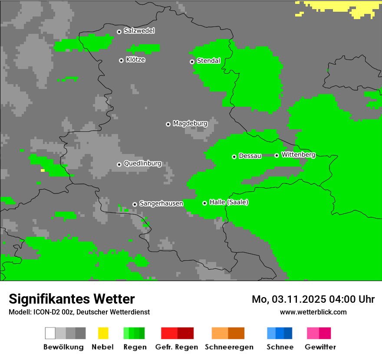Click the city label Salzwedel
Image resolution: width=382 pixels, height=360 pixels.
(139, 31)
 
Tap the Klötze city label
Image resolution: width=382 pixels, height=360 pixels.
(135, 60)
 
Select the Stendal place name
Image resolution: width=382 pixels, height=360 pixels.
(208, 61)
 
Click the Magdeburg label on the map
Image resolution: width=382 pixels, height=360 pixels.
(190, 124)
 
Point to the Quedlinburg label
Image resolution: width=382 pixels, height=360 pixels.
(142, 164)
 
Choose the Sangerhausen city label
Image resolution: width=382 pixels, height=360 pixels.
(161, 203)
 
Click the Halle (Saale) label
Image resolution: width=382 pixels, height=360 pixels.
(229, 203)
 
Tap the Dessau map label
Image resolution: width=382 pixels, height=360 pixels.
(250, 156)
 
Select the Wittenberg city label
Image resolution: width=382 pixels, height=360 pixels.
(298, 155)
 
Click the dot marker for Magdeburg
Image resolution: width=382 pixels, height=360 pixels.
(168, 124)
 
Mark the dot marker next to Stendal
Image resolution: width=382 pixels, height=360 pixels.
(192, 62)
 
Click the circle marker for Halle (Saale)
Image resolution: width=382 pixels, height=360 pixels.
(204, 203)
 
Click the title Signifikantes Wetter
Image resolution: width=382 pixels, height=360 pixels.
(72, 299)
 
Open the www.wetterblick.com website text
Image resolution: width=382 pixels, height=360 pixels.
(313, 312)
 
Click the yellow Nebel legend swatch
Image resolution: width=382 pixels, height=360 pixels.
(103, 333)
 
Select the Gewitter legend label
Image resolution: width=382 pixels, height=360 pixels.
(320, 347)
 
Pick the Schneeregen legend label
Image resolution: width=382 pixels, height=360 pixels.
(228, 347)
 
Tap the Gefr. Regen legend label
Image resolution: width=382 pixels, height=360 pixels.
(177, 347)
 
